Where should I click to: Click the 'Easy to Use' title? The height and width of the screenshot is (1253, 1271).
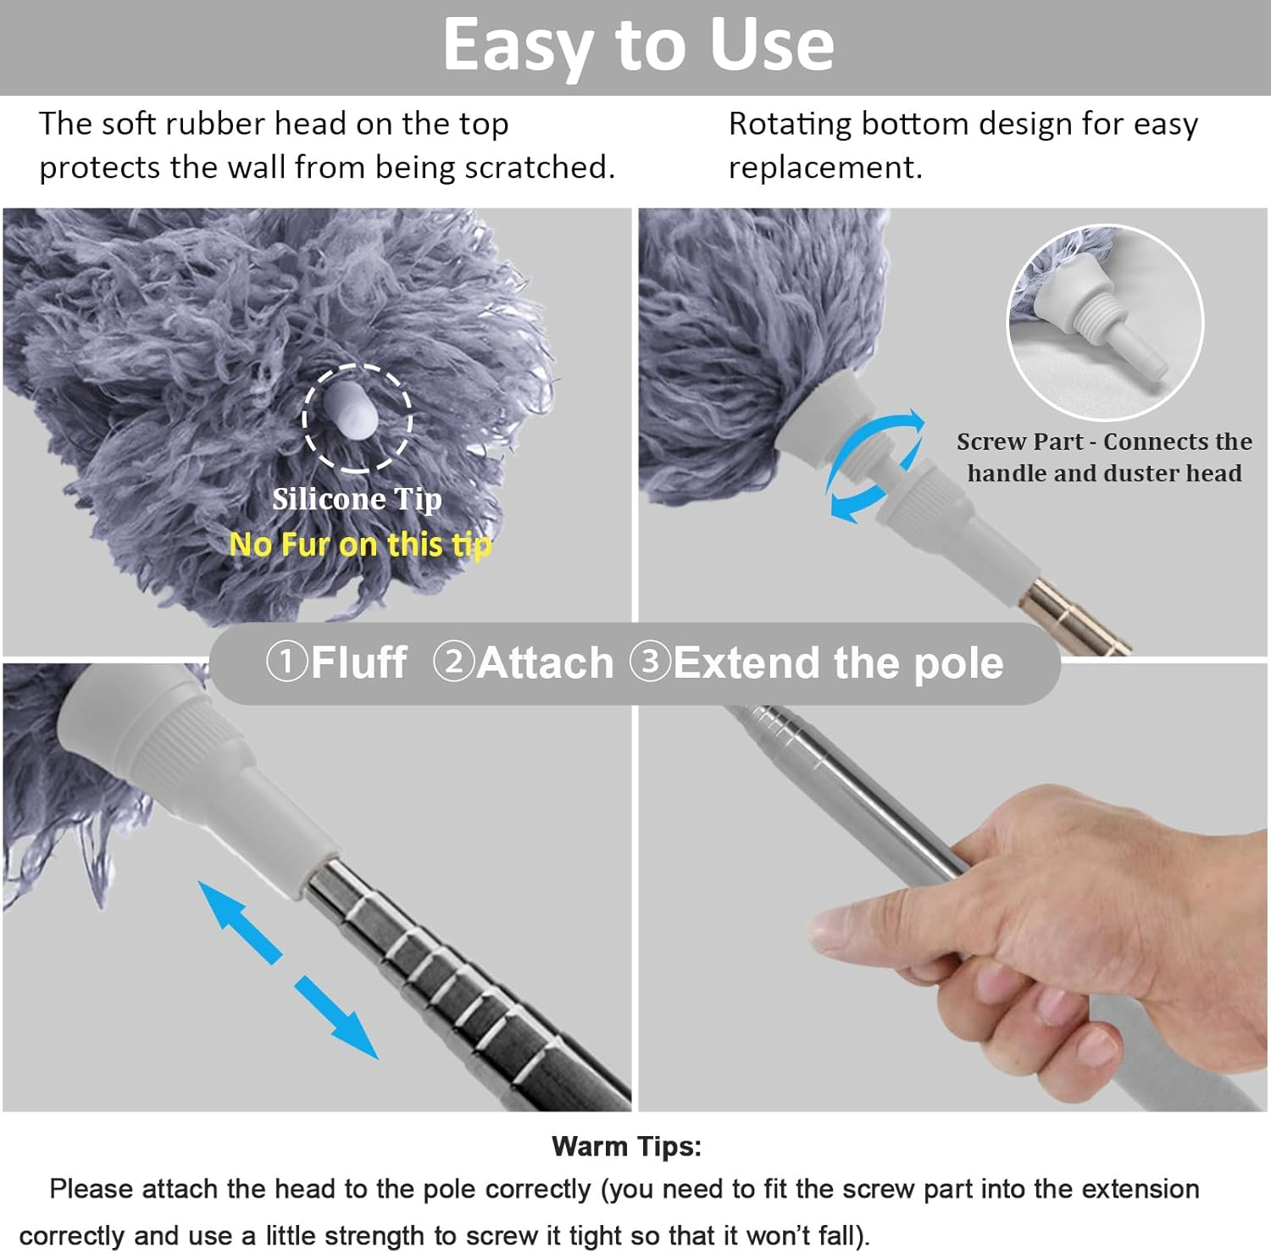638,45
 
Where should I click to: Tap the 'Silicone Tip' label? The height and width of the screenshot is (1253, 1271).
357,499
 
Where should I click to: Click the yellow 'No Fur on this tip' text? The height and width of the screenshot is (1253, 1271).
360,544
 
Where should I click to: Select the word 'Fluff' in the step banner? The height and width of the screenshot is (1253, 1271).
358,663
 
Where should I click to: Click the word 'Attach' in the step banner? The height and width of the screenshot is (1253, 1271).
545,663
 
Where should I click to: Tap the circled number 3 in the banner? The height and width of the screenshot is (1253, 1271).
651,662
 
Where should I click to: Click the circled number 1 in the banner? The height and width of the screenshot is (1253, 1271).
286,662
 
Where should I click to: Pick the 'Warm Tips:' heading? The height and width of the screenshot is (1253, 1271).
626,1146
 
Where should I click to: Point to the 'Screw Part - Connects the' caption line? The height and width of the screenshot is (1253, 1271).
1104,441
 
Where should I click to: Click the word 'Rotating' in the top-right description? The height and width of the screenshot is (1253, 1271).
790,125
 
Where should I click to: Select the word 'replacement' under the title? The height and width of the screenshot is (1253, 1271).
824,168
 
